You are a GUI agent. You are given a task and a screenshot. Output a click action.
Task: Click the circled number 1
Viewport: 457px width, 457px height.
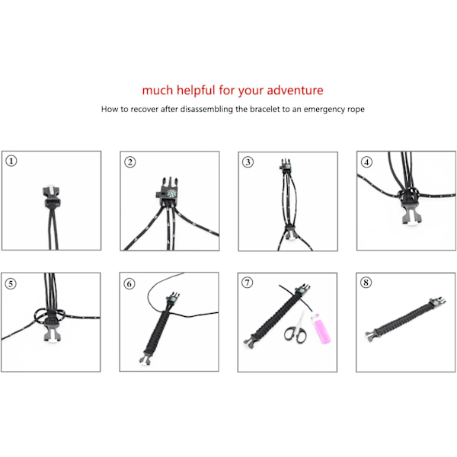pos(11,161)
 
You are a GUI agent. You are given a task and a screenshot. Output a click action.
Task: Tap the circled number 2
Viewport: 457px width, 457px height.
pos(130,162)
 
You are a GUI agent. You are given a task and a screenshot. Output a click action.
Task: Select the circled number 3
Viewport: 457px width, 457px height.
pos(248,162)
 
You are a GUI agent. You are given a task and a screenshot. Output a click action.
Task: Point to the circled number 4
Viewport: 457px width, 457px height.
pos(366,162)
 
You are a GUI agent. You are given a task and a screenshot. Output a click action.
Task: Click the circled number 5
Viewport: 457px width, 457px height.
pos(11,283)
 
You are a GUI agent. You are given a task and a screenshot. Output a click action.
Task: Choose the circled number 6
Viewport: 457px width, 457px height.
pos(129,283)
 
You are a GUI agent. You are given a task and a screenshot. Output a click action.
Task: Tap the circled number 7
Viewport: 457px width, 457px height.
pos(248,283)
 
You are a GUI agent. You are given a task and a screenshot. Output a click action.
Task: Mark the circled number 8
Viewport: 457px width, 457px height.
pos(366,283)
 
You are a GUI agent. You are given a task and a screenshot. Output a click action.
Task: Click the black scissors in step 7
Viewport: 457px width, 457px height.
pos(296,329)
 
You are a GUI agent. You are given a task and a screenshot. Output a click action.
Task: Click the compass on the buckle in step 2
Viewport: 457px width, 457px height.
pos(171,193)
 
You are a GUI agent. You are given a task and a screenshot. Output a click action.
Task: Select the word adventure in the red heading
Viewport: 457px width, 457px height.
pos(295,90)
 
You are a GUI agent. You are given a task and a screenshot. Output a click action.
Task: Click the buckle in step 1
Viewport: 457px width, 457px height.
pos(52,197)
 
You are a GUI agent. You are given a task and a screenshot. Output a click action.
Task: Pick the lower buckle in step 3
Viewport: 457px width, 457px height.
pos(290,232)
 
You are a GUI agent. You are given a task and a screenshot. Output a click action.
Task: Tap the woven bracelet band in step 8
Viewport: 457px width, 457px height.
pos(404,318)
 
